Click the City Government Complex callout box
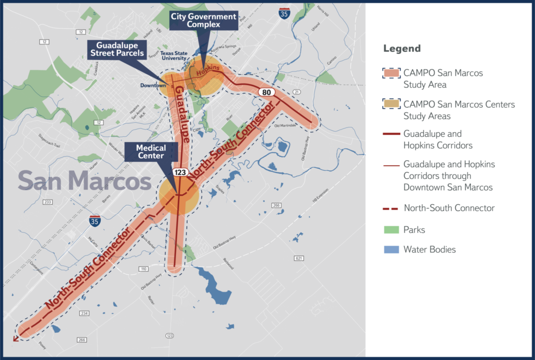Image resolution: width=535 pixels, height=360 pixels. [x=204, y=20]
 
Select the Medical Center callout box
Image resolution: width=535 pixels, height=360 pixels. [x=150, y=152]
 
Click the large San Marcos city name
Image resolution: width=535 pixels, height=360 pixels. [x=85, y=180]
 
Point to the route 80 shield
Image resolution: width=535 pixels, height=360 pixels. [x=266, y=92]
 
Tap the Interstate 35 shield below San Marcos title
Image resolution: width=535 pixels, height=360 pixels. [x=95, y=220]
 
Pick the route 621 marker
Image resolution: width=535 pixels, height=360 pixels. [x=299, y=258]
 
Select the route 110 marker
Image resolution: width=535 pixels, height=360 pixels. [x=143, y=269]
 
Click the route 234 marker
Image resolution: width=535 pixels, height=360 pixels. [x=84, y=313]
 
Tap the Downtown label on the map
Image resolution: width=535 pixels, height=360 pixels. [x=153, y=85]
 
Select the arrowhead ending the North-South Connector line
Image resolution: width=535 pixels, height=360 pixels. [x=15, y=339]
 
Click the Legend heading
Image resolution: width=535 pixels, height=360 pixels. [x=402, y=49]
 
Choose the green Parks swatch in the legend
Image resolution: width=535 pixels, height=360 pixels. [x=391, y=229]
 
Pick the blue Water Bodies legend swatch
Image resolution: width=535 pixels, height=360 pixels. [x=391, y=249]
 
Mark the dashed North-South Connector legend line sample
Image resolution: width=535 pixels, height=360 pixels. [x=391, y=208]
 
